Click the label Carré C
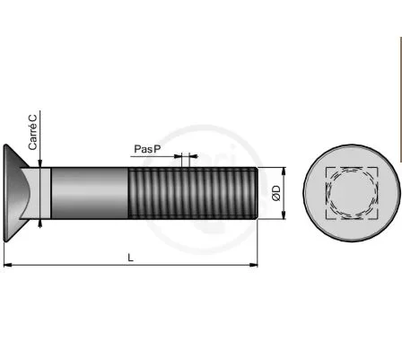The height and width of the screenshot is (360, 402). point(33,132)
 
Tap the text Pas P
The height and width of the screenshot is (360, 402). point(147,149)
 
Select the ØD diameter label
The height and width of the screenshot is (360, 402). point(276,193)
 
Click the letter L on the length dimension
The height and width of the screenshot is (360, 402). point(130,258)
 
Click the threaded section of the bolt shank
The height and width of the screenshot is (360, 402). point(193,193)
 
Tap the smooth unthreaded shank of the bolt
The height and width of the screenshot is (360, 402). point(90,193)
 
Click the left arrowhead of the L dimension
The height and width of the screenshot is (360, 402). point(7,265)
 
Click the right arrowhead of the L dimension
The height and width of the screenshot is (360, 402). point(254,265)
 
